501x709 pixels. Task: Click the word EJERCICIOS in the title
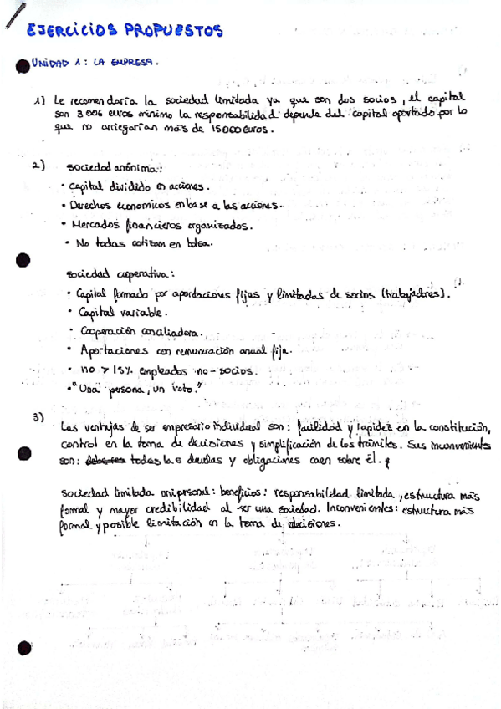[71, 32]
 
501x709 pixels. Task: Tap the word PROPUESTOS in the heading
[174, 32]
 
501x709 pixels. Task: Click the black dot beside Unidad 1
[23, 64]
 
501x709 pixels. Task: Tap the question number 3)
[38, 417]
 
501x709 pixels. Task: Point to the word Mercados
[96, 224]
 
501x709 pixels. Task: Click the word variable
[147, 312]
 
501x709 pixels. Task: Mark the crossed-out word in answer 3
[105, 462]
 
